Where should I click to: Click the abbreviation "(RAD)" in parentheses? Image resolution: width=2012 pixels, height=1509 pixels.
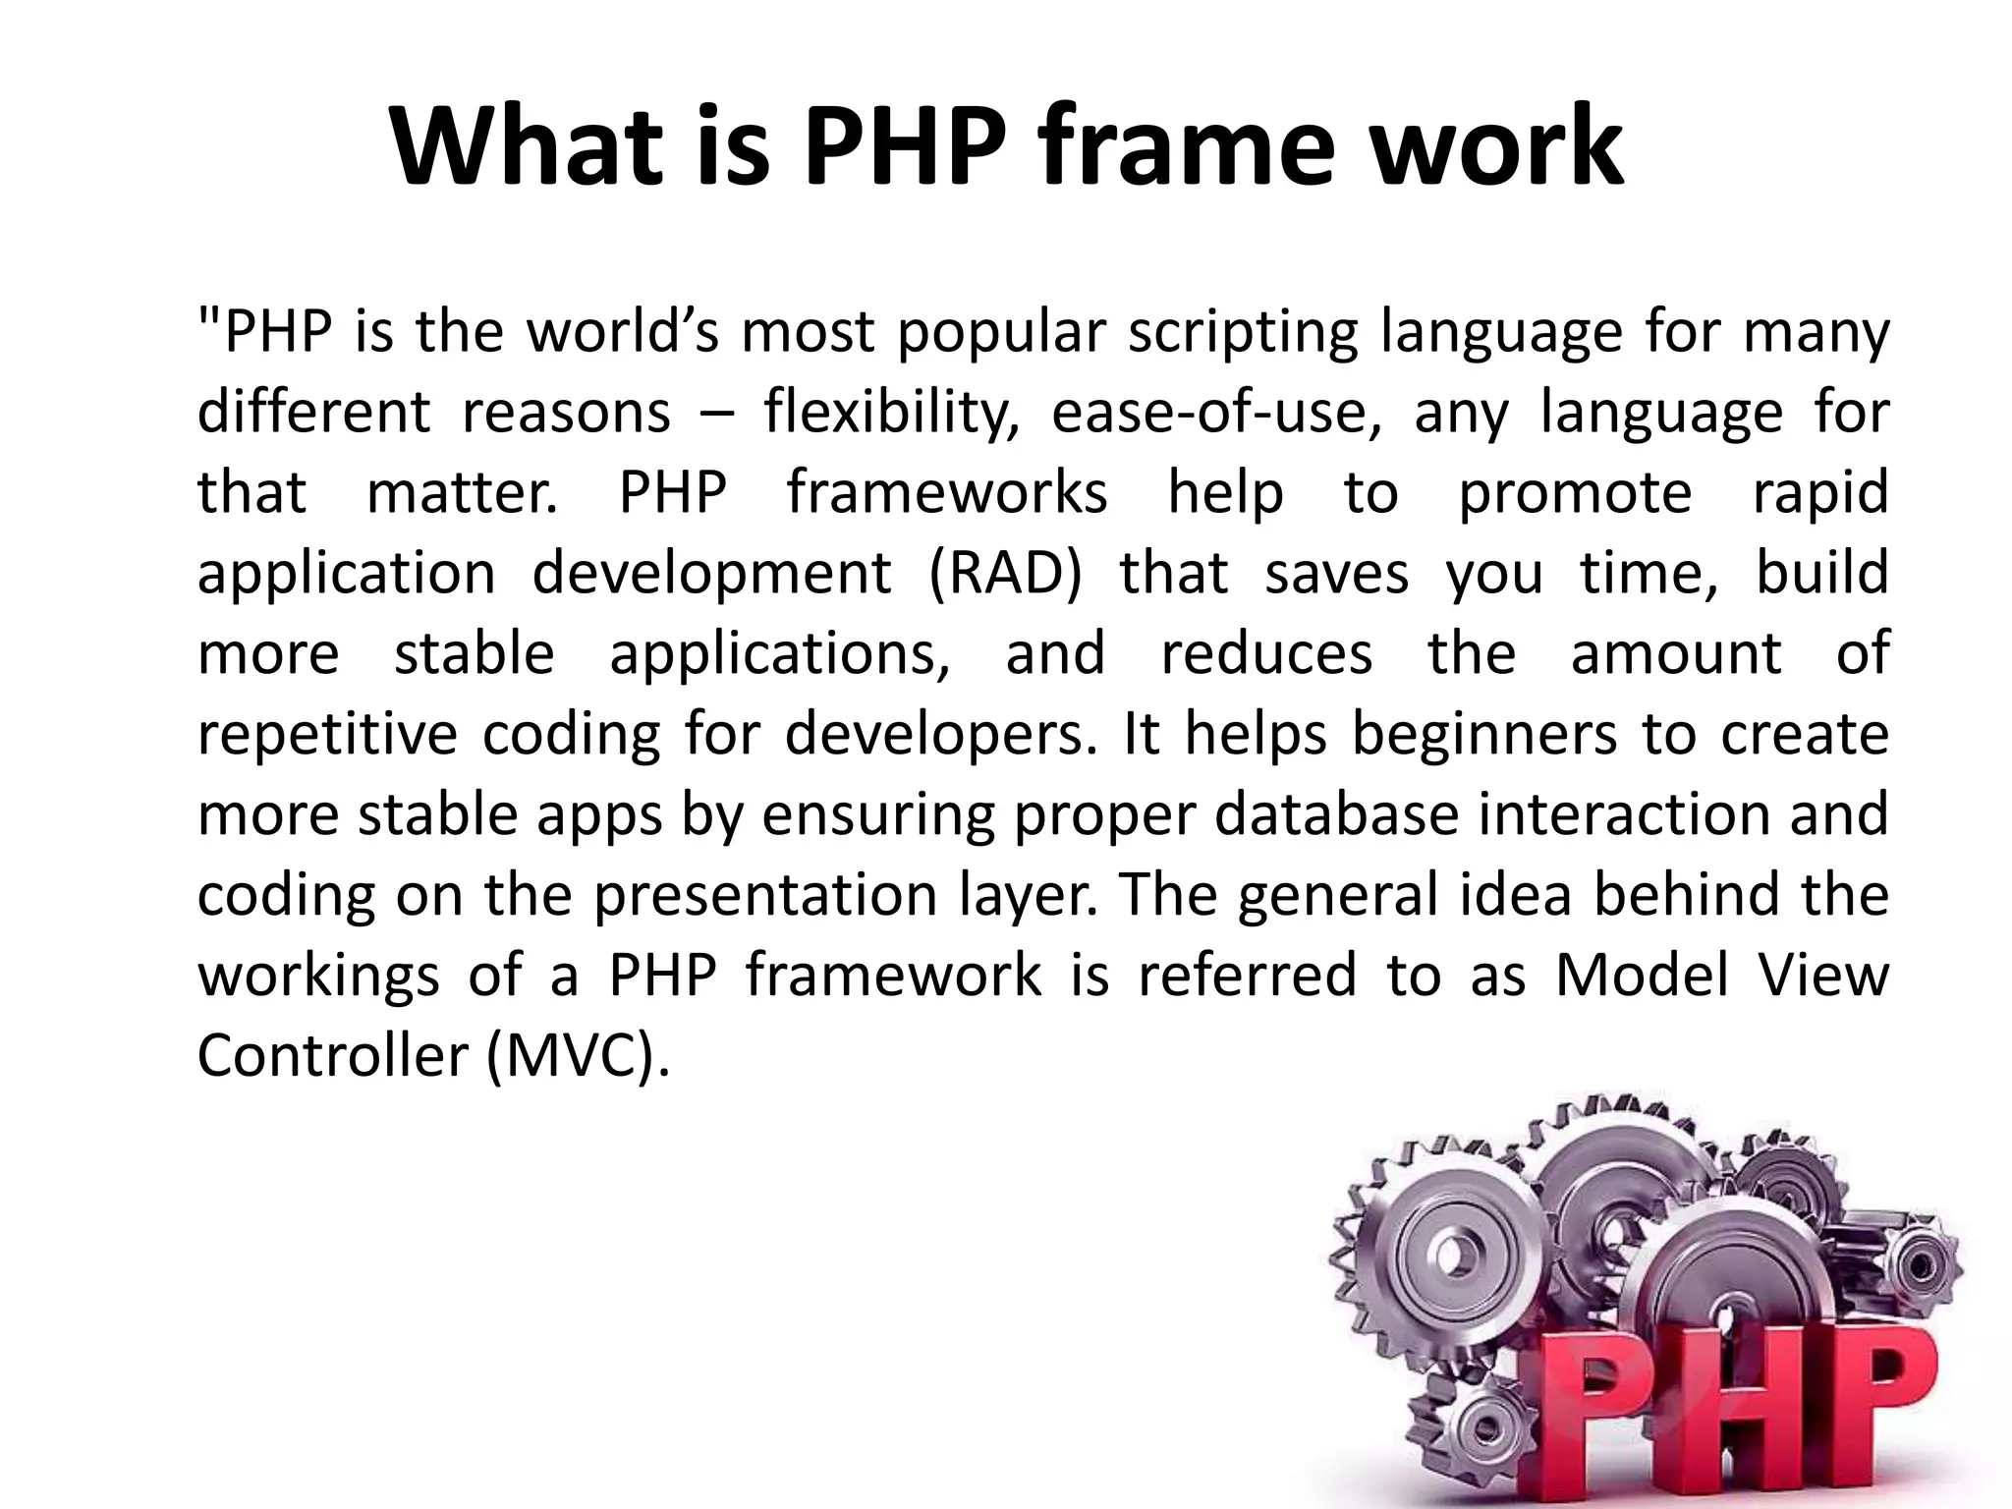point(1004,574)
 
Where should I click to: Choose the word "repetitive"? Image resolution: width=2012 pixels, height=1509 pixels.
point(327,735)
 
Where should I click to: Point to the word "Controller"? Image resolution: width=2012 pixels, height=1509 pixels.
point(332,1056)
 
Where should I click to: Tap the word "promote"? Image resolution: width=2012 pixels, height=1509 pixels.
point(1575,493)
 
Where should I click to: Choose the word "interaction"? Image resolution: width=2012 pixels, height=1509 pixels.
point(1622,815)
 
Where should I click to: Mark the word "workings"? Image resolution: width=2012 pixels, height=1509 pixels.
point(318,976)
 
